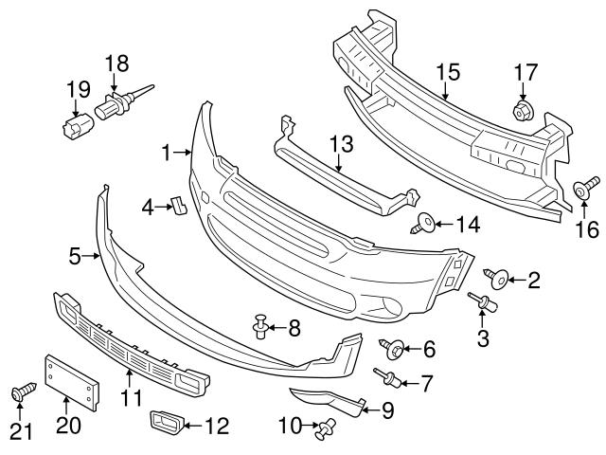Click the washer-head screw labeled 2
tap(497, 278)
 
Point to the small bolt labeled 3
tap(484, 302)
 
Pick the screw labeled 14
tap(425, 225)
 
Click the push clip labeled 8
tap(261, 329)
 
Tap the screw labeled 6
tap(392, 349)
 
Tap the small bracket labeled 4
tap(177, 205)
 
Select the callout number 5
tap(77, 255)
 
